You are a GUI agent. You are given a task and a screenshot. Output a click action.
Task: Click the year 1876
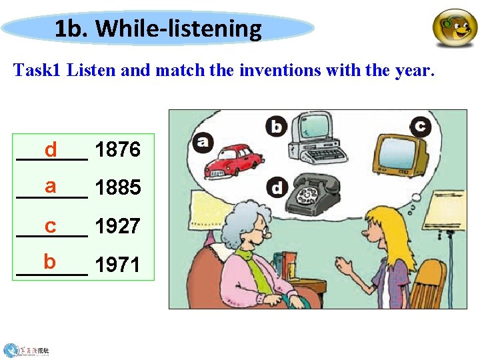coord(117,150)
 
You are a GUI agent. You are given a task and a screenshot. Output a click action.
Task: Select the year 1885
coord(117,188)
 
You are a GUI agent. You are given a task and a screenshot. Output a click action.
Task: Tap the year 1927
coord(117,227)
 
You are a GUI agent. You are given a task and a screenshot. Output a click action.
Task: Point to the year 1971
coord(117,265)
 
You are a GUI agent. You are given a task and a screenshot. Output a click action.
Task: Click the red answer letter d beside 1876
coord(51,150)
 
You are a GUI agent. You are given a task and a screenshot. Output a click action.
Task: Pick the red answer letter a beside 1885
coord(51,186)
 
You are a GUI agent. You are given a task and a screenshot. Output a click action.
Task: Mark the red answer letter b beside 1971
coord(50,262)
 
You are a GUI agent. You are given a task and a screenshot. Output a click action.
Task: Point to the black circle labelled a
coord(202,142)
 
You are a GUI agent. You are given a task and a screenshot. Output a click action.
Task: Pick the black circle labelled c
coord(420,125)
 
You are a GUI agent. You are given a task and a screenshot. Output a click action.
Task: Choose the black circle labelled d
coord(276,187)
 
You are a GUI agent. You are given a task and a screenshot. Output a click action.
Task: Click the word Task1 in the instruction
coord(39,70)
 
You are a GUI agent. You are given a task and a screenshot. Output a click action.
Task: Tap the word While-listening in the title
coord(179,29)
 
